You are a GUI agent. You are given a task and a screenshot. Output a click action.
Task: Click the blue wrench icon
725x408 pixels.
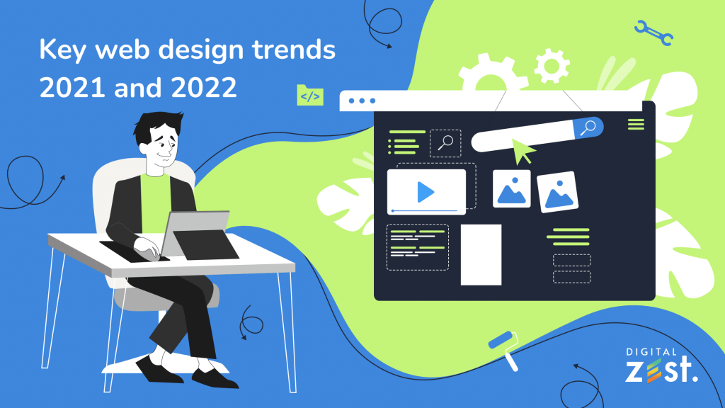(x=653, y=33)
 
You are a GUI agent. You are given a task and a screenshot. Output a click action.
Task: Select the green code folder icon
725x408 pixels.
(x=310, y=95)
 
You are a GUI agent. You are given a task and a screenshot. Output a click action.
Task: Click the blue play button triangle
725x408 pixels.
(x=425, y=191)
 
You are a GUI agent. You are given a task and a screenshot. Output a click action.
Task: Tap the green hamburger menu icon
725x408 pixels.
(x=636, y=125)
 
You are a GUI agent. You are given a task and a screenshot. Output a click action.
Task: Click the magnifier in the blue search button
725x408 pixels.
(x=588, y=127)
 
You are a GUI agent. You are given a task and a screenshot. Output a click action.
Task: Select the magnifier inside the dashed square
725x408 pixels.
(x=445, y=142)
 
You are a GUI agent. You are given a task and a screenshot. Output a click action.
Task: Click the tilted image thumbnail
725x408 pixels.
(x=557, y=191)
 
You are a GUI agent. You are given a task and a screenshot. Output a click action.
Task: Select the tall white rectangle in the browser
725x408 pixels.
(x=481, y=254)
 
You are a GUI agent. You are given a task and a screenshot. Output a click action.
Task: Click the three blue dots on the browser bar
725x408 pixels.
(x=362, y=101)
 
